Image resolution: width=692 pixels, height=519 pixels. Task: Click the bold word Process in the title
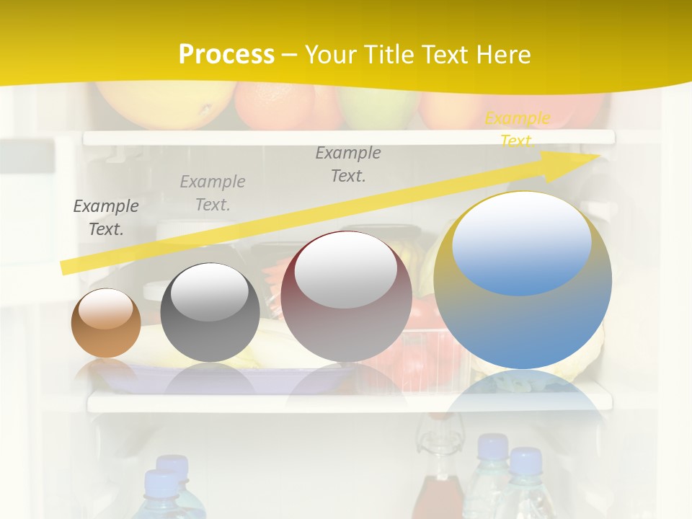point(226,55)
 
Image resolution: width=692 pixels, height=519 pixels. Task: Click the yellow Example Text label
point(517,129)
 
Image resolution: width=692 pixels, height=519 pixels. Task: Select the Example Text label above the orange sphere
point(106,218)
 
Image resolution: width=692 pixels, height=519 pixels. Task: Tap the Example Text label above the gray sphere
point(213,193)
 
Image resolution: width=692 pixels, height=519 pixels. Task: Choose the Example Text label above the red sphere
point(348,164)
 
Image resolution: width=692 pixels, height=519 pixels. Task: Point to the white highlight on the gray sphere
point(210,292)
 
